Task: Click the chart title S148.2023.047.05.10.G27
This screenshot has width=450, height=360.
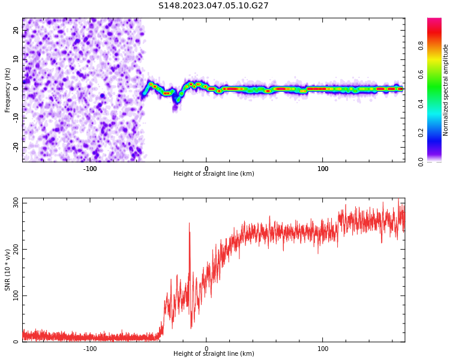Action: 214,6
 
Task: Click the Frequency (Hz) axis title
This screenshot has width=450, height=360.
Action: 8,90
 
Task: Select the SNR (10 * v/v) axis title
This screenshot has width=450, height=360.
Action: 8,270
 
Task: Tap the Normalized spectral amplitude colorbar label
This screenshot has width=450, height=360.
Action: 446,90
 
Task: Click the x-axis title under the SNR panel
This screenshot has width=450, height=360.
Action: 214,354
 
